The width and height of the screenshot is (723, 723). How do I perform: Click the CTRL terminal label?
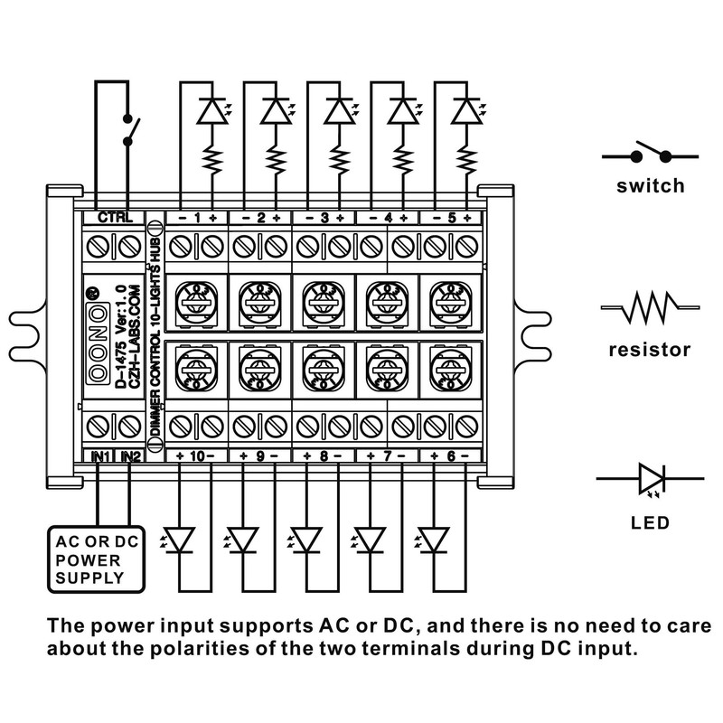pyautogui.click(x=115, y=218)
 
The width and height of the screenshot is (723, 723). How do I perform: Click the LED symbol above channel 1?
pyautogui.click(x=211, y=110)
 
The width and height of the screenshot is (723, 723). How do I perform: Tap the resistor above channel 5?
pyautogui.click(x=466, y=160)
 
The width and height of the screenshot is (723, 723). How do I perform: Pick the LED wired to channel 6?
pyautogui.click(x=437, y=540)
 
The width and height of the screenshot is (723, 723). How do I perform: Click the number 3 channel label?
pyautogui.click(x=324, y=218)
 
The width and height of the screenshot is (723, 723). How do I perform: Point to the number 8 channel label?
pyautogui.click(x=324, y=455)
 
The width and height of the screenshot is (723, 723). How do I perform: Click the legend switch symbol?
pyautogui.click(x=651, y=155)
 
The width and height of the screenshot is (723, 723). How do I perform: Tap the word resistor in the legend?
pyautogui.click(x=650, y=349)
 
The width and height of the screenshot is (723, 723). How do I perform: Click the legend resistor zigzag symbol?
pyautogui.click(x=651, y=310)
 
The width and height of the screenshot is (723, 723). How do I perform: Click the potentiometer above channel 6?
pyautogui.click(x=449, y=365)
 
